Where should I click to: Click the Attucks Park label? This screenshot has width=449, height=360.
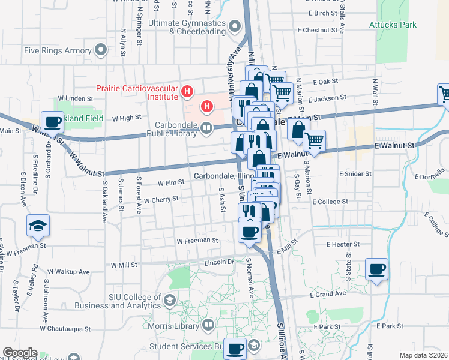(x=392, y=25)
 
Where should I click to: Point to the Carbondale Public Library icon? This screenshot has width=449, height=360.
(x=206, y=127)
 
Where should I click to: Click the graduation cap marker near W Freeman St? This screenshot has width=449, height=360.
(x=38, y=226)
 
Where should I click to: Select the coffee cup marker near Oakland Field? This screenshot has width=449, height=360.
(x=52, y=122)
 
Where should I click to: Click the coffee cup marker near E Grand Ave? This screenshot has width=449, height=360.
(x=376, y=269)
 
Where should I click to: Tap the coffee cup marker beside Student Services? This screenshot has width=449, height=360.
(x=235, y=347)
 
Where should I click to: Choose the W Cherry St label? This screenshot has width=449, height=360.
(x=160, y=199)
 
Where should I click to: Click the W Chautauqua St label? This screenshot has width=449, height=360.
(x=65, y=329)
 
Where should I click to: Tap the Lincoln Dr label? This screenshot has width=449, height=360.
(x=218, y=262)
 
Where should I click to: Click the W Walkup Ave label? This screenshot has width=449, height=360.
(x=69, y=271)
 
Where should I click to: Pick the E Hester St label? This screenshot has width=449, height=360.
(x=343, y=244)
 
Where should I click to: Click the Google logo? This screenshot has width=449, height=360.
(x=20, y=353)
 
